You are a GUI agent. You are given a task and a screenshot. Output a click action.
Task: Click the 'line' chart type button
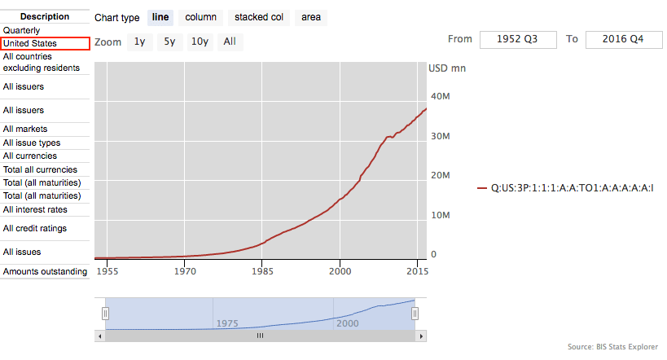click(160, 17)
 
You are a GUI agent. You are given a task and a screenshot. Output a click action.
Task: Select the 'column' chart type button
click(200, 17)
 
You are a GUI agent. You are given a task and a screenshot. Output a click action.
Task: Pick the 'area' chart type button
click(310, 17)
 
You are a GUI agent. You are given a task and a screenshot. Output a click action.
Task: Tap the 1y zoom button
click(140, 42)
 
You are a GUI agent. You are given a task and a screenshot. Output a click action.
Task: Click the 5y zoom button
click(169, 42)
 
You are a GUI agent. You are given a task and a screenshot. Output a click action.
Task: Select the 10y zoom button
click(200, 42)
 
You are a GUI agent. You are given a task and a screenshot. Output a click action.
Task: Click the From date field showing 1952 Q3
click(518, 39)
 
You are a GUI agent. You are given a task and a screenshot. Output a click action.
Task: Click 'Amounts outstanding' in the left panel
click(45, 271)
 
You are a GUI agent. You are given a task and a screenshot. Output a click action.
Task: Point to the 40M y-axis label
click(441, 96)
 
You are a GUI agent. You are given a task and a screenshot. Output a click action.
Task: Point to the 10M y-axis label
click(441, 215)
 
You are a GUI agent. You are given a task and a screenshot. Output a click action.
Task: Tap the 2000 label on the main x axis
click(340, 271)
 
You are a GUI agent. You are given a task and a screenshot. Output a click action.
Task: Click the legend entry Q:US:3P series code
click(572, 188)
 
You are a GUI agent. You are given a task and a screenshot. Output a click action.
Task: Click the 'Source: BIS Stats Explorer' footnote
click(612, 347)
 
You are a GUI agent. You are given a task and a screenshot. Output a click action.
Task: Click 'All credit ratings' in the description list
click(35, 229)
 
